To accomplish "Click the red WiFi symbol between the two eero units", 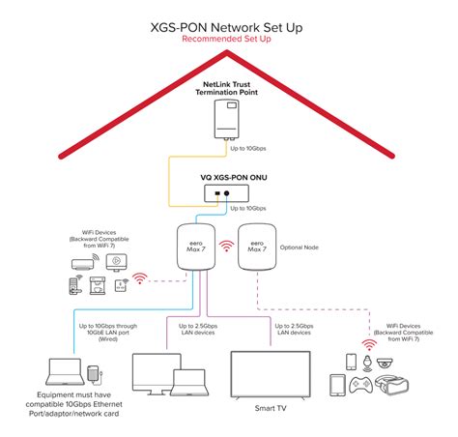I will [226, 248].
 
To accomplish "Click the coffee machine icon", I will [97, 285].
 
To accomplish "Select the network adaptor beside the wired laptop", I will [93, 373].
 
